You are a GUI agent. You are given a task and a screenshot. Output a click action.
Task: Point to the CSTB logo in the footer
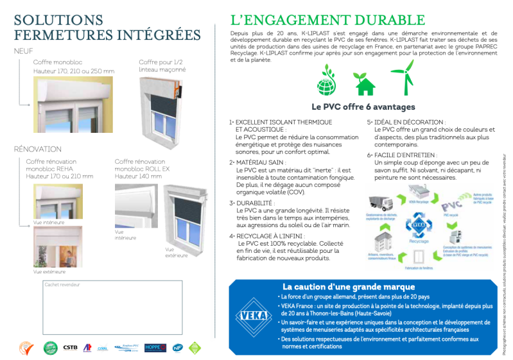point(70,347)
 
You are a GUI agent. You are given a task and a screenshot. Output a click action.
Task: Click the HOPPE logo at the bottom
point(155,347)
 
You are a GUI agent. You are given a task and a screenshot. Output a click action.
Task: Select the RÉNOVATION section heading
point(38,149)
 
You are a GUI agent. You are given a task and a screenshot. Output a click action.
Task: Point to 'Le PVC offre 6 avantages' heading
point(363,107)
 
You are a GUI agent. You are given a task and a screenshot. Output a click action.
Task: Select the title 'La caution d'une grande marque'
point(349,287)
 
